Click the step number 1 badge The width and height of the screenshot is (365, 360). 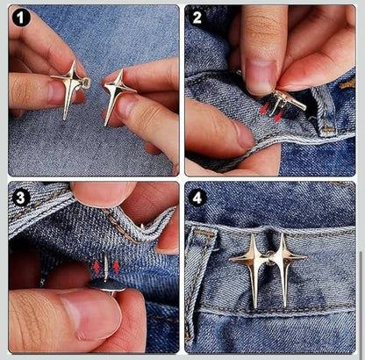(21, 17)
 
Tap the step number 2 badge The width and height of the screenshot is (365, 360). (197, 17)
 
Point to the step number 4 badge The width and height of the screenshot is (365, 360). (197, 197)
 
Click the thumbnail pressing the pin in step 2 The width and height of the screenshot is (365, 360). (260, 76)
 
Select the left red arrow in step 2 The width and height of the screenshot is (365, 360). (264, 109)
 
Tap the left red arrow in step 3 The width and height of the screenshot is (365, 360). (97, 265)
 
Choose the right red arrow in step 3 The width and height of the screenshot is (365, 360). (115, 265)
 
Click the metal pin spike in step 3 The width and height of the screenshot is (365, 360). (106, 266)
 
